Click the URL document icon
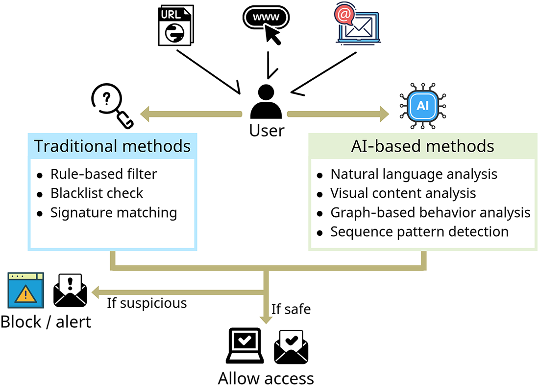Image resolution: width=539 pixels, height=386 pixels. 175,25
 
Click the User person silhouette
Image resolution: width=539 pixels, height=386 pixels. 266,102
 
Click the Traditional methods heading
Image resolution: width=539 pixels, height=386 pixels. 112,146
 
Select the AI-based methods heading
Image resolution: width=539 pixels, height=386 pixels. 422,146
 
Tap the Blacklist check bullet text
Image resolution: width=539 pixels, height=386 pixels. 97,193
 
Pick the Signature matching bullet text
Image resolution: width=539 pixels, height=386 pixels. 113,213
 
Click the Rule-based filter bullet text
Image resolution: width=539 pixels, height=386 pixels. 104,174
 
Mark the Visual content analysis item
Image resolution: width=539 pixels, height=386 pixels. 403,193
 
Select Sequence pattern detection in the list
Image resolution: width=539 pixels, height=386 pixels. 419,231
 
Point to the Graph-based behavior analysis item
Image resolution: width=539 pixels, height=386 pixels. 430,212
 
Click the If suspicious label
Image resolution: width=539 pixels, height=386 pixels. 147,303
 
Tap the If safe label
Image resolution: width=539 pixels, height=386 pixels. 291,309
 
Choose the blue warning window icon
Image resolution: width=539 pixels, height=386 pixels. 26,291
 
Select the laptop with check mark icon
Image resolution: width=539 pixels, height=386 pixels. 244,346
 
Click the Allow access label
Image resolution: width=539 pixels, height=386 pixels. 266,378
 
